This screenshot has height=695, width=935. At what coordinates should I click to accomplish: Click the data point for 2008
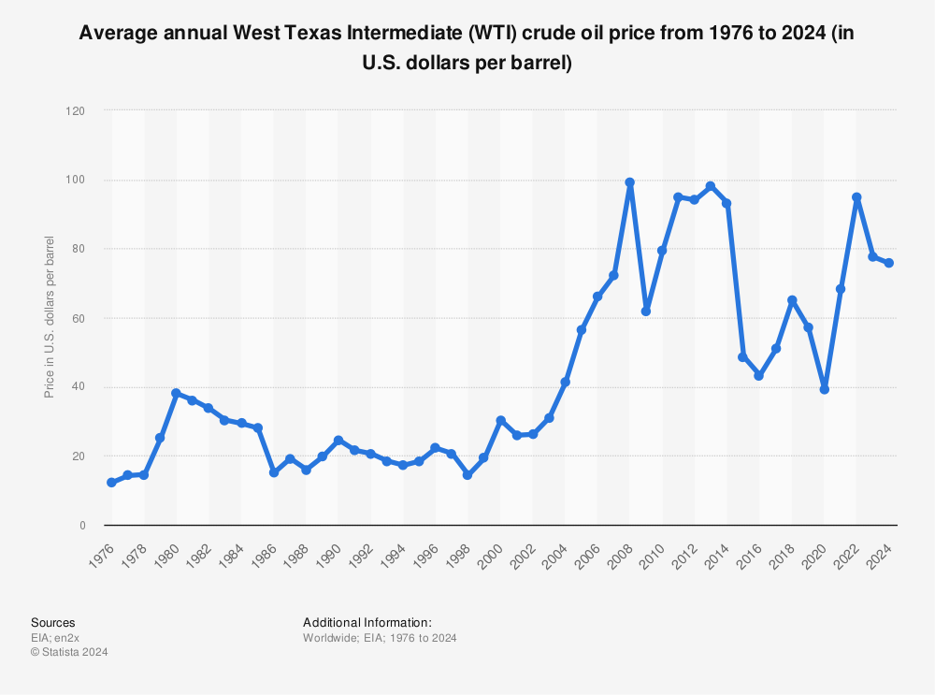pos(629,182)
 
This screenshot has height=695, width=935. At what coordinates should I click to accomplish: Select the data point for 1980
pos(176,393)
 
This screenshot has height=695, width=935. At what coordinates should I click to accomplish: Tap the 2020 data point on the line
pos(824,389)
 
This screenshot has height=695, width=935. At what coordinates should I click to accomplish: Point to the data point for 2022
pos(856,197)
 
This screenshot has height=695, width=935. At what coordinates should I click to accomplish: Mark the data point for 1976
pos(111,483)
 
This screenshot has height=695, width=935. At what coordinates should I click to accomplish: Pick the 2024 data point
pos(888,263)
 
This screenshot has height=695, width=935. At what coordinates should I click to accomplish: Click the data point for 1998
pos(467,475)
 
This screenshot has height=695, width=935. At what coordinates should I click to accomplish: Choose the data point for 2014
pos(726,203)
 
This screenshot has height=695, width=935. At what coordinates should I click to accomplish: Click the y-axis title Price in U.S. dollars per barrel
pos(50,318)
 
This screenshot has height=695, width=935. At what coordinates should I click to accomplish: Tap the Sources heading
pos(53,622)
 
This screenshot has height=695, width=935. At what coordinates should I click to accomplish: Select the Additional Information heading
pos(367,622)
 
